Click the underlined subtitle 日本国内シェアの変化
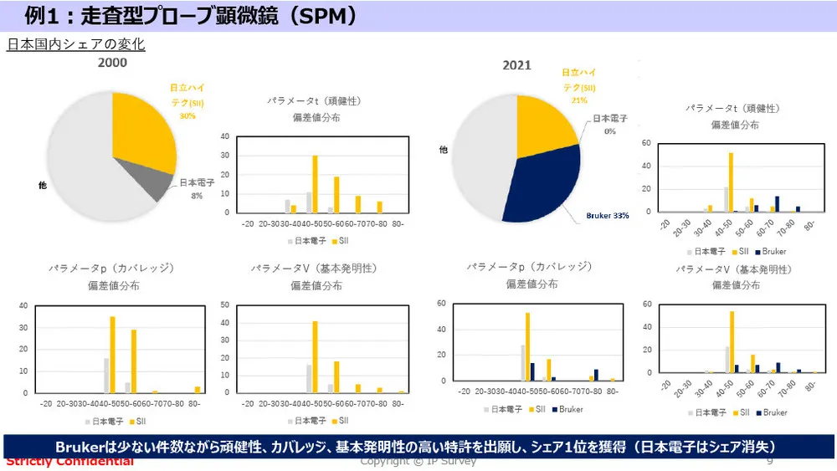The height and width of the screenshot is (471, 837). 76,44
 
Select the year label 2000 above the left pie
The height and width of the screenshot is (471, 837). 113,63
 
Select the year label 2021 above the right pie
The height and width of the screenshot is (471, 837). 516,65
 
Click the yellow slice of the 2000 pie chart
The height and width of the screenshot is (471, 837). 142,134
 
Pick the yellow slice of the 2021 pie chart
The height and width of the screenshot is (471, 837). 544,125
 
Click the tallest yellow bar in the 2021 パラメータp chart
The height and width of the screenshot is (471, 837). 527,346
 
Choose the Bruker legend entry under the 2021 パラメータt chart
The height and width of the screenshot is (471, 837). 769,251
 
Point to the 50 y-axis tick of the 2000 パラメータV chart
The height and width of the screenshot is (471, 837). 224,305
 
